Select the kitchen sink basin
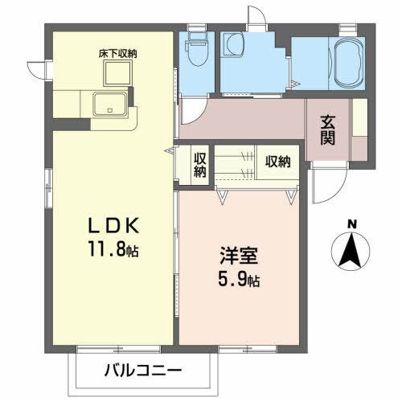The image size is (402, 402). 109,105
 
